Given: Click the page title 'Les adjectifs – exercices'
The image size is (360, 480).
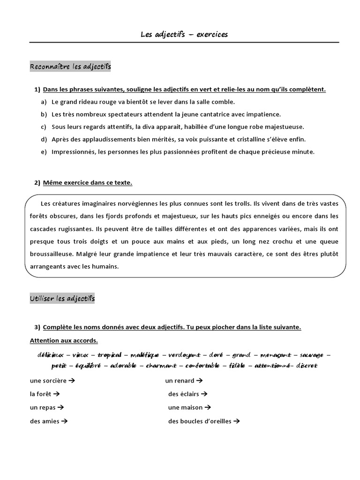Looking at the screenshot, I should (x=184, y=34).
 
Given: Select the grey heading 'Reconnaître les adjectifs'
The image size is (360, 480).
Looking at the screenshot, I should (x=70, y=67).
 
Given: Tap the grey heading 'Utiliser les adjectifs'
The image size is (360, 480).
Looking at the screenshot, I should (x=62, y=299).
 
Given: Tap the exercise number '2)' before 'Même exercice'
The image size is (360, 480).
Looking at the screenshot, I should (x=37, y=183).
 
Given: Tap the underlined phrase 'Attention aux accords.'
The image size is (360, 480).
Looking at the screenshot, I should (x=64, y=340).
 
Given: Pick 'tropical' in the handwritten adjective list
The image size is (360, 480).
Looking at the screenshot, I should (x=109, y=355).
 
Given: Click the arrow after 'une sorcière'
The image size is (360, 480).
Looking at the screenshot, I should (x=72, y=381).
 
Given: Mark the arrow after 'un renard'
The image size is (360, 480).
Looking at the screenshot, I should (x=199, y=381).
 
